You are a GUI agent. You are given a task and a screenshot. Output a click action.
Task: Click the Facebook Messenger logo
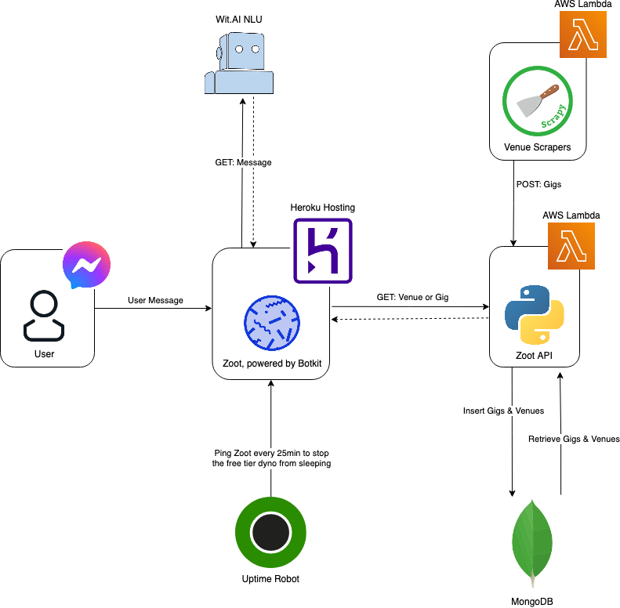(x=86, y=265)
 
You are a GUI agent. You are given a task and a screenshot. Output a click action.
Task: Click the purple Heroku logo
(x=323, y=251)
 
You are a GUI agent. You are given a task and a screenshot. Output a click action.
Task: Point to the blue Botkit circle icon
(x=272, y=323)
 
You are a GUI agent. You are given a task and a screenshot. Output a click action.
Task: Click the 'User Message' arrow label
(x=155, y=301)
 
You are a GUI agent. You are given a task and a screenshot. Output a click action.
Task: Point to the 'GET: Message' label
(x=243, y=163)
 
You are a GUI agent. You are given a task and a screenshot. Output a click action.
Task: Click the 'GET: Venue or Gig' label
(x=410, y=298)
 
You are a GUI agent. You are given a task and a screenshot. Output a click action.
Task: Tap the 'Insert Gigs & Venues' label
(x=503, y=411)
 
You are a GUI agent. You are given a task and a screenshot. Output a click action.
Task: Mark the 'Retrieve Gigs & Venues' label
(x=574, y=439)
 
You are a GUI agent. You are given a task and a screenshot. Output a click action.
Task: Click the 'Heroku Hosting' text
(x=322, y=208)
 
